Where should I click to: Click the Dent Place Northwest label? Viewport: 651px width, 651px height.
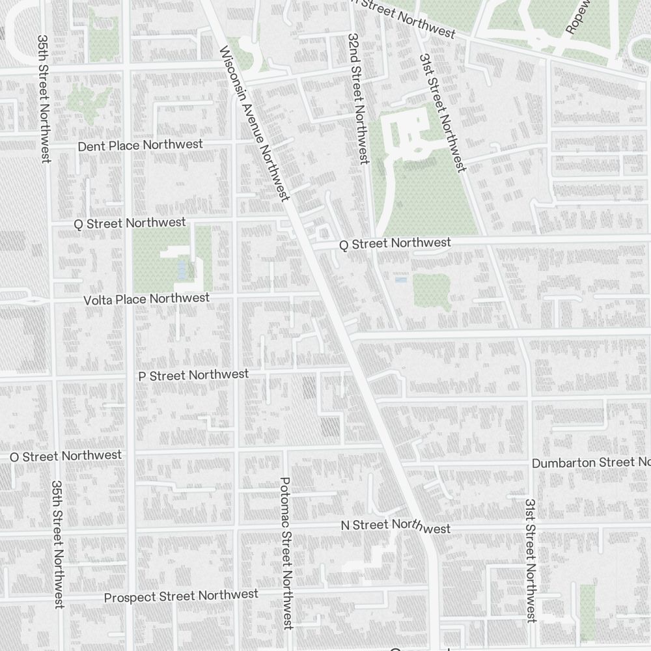140,145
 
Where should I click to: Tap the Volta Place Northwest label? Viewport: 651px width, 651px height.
146,299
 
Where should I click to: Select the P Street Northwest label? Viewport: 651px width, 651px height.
193,375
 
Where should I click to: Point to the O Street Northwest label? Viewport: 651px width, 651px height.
65,456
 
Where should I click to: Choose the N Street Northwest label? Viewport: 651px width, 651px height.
396,526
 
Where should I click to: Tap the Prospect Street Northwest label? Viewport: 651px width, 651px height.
181,596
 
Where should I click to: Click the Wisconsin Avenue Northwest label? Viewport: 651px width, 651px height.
255,124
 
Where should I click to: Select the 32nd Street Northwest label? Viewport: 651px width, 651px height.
357,98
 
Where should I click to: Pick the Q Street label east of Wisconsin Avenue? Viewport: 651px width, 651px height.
395,243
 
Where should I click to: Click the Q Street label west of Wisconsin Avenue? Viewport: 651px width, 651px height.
130,223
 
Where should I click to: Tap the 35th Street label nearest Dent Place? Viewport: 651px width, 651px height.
44,98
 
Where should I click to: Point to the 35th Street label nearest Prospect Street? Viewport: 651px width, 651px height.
58,544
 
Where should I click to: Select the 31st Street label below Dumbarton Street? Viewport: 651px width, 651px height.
531,561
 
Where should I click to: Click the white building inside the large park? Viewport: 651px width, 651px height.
407,133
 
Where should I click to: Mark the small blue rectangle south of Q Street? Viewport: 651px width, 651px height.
401,279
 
